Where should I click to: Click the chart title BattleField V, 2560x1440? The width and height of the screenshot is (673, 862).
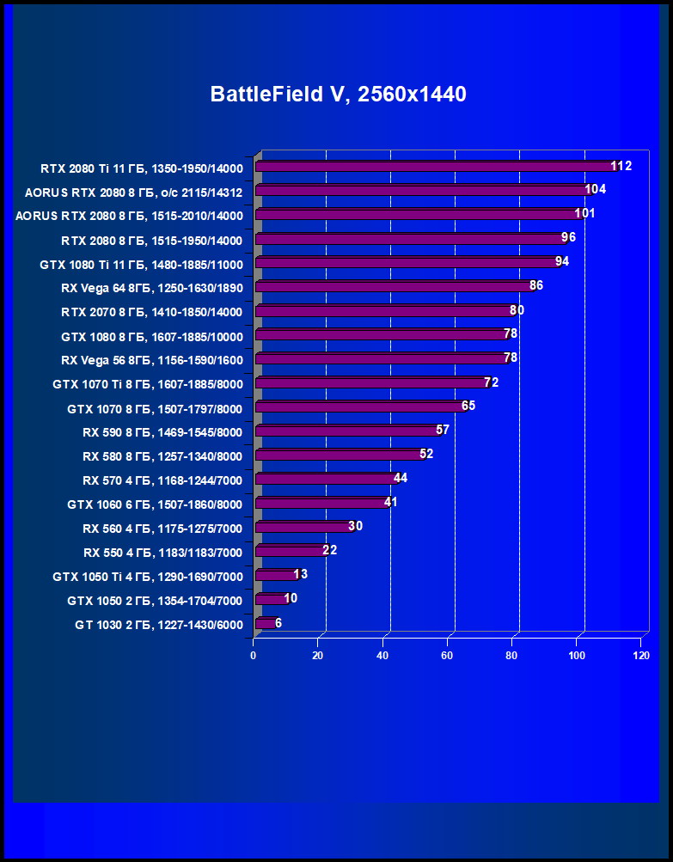click(338, 95)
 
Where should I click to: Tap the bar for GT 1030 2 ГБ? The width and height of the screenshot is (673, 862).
click(265, 623)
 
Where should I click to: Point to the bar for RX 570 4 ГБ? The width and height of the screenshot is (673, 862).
click(325, 479)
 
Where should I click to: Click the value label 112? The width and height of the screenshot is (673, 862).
click(621, 166)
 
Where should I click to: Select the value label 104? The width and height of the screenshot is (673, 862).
click(595, 189)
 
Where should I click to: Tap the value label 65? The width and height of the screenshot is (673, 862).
click(468, 406)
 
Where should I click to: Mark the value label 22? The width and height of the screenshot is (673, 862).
click(329, 550)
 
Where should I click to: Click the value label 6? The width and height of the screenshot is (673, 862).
click(278, 622)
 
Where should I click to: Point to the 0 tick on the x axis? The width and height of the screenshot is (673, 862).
click(254, 656)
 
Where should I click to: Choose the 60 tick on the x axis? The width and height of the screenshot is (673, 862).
click(447, 656)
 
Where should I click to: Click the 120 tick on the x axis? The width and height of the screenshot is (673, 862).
click(640, 656)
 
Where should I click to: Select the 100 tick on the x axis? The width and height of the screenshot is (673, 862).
click(576, 656)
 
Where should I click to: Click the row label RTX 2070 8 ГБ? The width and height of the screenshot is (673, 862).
click(152, 312)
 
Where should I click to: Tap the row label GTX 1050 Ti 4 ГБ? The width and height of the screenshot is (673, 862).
click(148, 577)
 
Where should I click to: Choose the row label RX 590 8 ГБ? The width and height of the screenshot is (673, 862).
click(162, 432)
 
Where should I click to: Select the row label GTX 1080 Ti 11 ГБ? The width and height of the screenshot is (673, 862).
click(141, 264)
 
